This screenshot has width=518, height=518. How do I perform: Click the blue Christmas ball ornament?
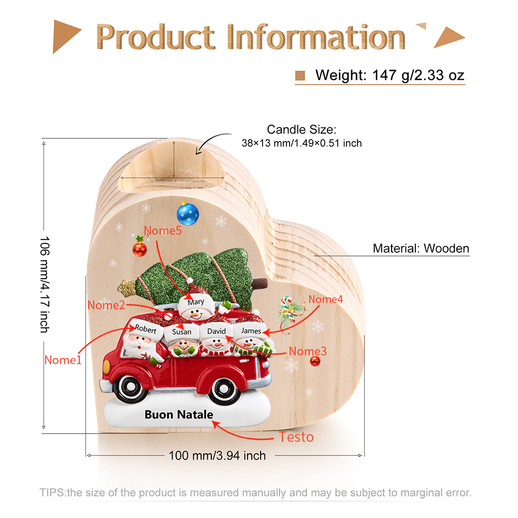188,214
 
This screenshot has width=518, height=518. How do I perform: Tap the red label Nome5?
163,231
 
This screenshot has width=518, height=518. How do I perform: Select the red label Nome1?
63,360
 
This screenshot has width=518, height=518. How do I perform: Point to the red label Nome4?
325,299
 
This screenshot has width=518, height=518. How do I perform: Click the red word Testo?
296,437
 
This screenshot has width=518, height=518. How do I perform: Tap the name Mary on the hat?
196,302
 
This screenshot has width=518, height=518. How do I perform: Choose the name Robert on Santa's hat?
146,329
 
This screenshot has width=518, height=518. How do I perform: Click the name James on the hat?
251,330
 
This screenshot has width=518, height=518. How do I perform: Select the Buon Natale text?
179,414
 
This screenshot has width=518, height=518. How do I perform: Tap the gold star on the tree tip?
127,287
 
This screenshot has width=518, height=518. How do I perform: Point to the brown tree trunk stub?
260,283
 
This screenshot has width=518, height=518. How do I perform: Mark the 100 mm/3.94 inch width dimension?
217,455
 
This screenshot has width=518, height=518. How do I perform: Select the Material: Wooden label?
421,249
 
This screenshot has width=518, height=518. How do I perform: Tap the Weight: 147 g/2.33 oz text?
390,75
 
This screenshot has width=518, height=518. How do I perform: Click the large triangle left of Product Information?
66,36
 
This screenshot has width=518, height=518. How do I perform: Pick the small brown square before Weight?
300,76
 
